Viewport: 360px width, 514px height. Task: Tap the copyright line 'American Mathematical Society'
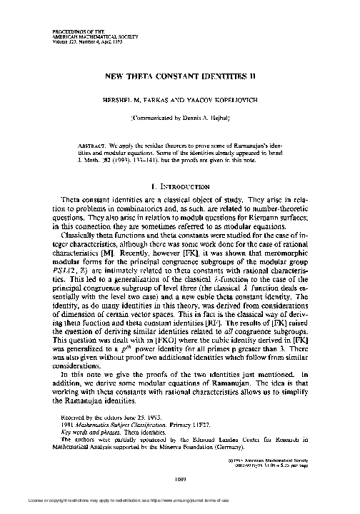click(x=288, y=450)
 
